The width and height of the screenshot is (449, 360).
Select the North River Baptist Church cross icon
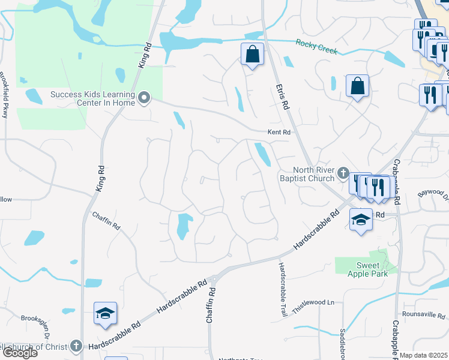(x=343, y=174)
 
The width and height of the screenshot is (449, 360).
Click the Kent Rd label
(x=279, y=132)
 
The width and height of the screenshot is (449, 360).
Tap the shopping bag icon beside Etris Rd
(x=253, y=55)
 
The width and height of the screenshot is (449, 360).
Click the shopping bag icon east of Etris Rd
(x=357, y=85)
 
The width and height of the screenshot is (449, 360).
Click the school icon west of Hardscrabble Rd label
(x=105, y=313)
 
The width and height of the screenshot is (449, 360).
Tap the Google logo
(x=19, y=353)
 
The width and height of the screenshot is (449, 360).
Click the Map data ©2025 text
(x=424, y=356)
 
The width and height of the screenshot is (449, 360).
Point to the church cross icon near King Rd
(x=76, y=346)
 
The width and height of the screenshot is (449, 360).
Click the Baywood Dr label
(x=433, y=194)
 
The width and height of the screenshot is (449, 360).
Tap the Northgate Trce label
(x=240, y=358)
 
